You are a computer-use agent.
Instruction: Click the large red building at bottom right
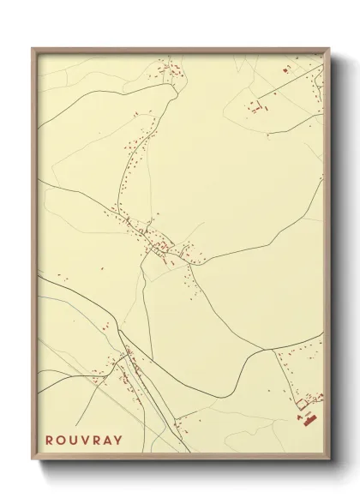click(x=306, y=418)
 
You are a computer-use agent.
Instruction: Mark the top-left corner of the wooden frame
click(x=33, y=48)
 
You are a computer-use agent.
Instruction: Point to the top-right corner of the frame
click(x=330, y=48)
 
